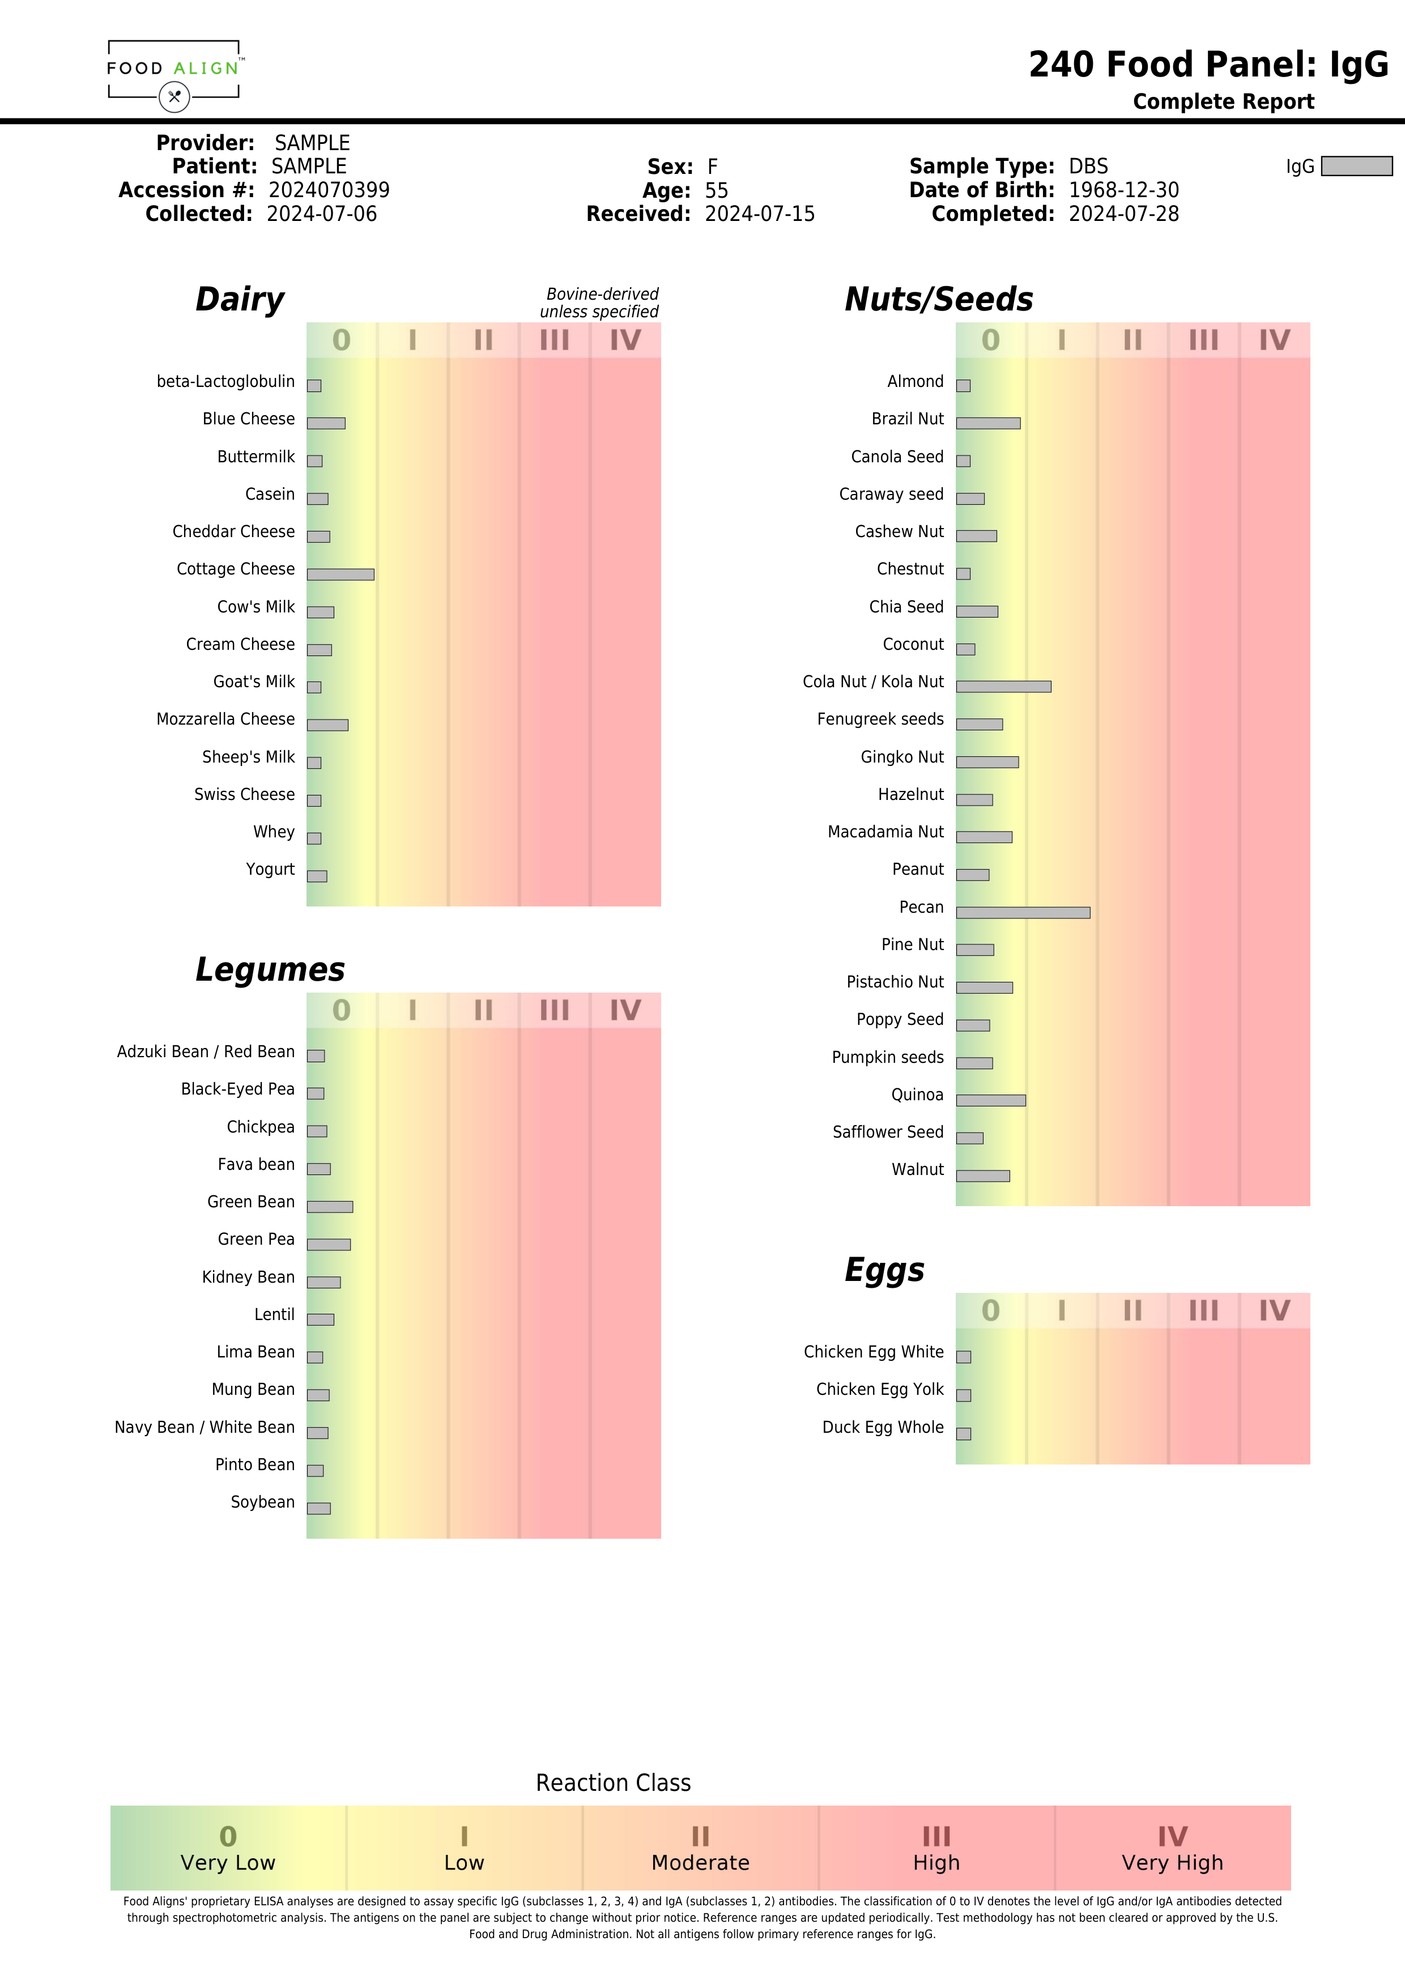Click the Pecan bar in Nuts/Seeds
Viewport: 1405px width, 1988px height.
click(1023, 913)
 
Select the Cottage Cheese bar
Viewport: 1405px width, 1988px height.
click(340, 574)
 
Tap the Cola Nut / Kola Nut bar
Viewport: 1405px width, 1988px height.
click(1003, 687)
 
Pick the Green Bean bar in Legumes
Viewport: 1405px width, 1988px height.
click(330, 1206)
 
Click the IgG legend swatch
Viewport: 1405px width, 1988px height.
click(1356, 166)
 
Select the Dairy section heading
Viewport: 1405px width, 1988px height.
click(240, 300)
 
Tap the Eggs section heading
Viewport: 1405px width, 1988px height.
click(884, 1270)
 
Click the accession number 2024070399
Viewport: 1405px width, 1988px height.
click(329, 190)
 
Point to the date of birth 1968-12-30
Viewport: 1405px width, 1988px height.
click(1123, 190)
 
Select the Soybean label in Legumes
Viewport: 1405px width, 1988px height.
click(262, 1502)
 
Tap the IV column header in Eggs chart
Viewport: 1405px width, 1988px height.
click(1274, 1311)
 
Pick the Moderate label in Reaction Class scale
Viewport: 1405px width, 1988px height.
click(700, 1862)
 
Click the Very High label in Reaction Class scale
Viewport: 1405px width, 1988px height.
click(1172, 1862)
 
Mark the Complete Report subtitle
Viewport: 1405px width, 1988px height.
click(1223, 102)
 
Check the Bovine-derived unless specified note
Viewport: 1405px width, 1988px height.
click(600, 303)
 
